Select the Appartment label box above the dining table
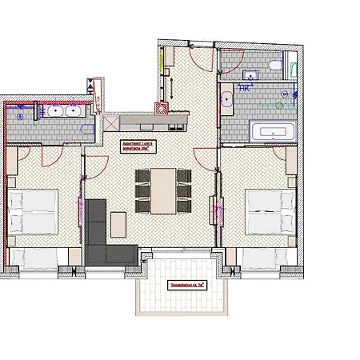pyautogui.click(x=137, y=146)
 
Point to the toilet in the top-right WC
pyautogui.click(x=274, y=66)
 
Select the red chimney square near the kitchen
pyautogui.click(x=161, y=110)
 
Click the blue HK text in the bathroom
pyautogui.click(x=243, y=89)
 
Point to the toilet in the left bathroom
pyautogui.click(x=20, y=114)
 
